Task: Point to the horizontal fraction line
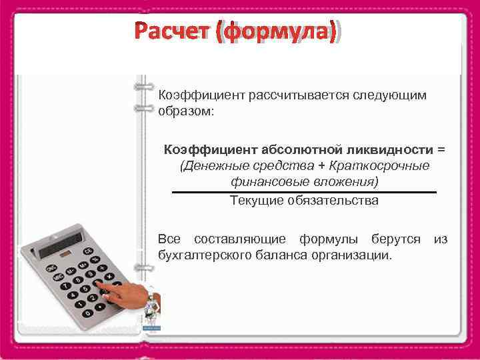304,192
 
